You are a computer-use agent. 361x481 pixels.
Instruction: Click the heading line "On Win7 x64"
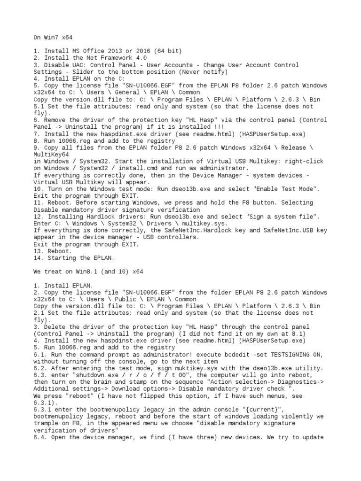coord(53,37)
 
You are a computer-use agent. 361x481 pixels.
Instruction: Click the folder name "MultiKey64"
coord(51,155)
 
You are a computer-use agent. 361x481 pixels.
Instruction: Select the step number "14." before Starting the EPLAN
coord(39,258)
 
